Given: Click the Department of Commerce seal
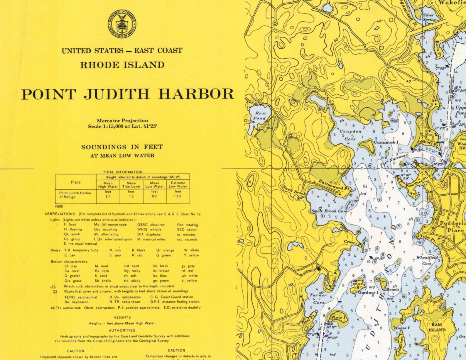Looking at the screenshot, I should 122,24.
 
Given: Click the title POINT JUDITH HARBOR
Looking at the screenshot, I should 128,94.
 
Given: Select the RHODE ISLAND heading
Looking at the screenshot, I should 122,65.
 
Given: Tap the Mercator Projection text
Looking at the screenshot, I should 122,120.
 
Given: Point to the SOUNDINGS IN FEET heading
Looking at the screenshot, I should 122,147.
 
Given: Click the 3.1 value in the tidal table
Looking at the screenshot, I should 108,196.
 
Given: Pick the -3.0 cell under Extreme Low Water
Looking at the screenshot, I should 178,196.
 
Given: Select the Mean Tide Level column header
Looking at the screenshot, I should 131,185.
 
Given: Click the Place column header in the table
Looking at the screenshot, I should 76,182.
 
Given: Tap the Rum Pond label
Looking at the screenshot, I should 260,116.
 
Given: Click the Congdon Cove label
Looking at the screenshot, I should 350,135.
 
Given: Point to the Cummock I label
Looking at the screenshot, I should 386,142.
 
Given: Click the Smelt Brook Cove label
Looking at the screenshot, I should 329,211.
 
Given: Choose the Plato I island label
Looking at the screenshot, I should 338,317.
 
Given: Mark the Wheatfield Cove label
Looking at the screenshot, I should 427,260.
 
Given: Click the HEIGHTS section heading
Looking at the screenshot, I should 122,317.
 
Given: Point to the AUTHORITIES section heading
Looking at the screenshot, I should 122,330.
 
